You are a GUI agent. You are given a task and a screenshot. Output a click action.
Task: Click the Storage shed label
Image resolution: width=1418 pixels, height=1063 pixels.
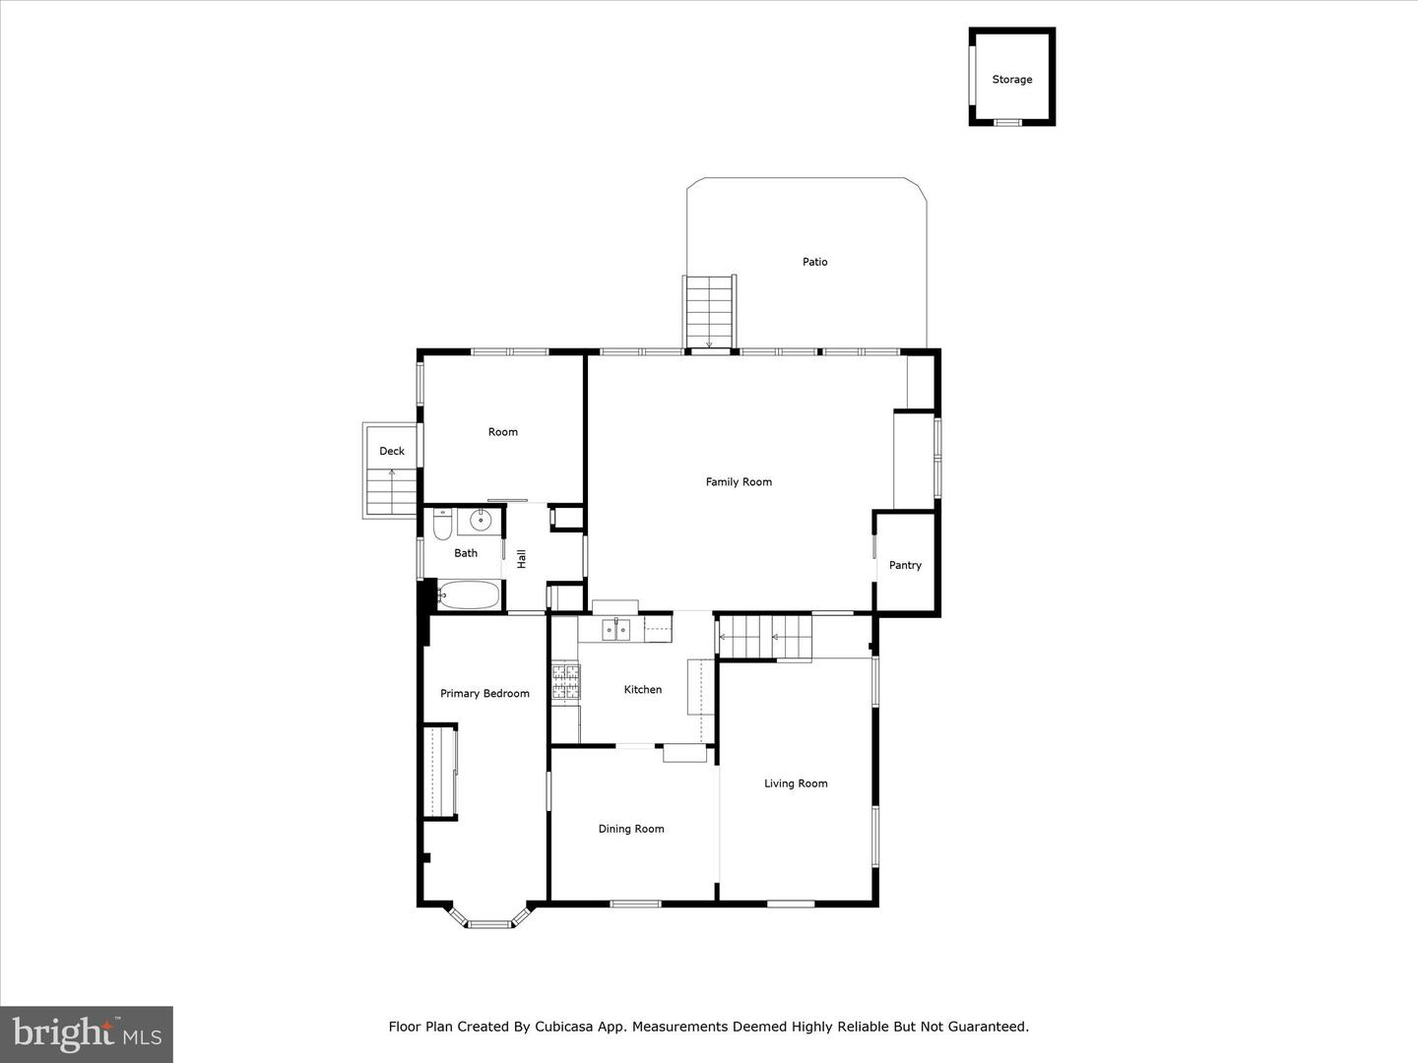click(1011, 80)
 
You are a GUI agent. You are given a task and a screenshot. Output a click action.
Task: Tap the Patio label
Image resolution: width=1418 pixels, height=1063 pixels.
click(814, 262)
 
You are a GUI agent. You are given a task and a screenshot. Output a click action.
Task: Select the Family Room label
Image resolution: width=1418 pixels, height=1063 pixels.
click(739, 482)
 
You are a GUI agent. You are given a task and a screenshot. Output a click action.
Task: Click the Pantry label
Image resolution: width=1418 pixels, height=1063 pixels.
click(905, 566)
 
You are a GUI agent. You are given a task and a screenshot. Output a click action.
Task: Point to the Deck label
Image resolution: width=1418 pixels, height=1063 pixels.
click(392, 452)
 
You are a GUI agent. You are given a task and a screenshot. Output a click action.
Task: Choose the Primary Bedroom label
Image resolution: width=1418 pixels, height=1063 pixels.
click(484, 694)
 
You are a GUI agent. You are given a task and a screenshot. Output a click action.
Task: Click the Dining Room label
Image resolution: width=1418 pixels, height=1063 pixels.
click(631, 829)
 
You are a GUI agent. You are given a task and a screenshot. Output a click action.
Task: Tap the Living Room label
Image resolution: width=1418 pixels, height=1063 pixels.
click(796, 783)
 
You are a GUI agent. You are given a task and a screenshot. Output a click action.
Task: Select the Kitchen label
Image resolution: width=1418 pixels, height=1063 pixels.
click(643, 690)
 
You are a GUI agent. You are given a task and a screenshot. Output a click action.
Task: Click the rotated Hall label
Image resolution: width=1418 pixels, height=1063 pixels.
click(522, 559)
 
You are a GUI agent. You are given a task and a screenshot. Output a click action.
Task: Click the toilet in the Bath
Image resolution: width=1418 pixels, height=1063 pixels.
click(442, 527)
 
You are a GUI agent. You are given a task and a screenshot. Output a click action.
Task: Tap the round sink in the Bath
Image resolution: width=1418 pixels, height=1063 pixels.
click(481, 521)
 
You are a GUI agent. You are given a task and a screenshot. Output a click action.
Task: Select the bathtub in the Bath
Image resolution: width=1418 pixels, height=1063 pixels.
click(469, 595)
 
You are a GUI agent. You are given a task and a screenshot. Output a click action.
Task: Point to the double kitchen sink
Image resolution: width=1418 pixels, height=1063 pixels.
click(616, 630)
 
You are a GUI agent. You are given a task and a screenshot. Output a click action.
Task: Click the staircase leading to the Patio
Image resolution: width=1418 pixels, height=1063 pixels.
click(709, 311)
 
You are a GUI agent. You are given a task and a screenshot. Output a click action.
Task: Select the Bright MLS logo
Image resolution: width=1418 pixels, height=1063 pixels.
click(87, 1033)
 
